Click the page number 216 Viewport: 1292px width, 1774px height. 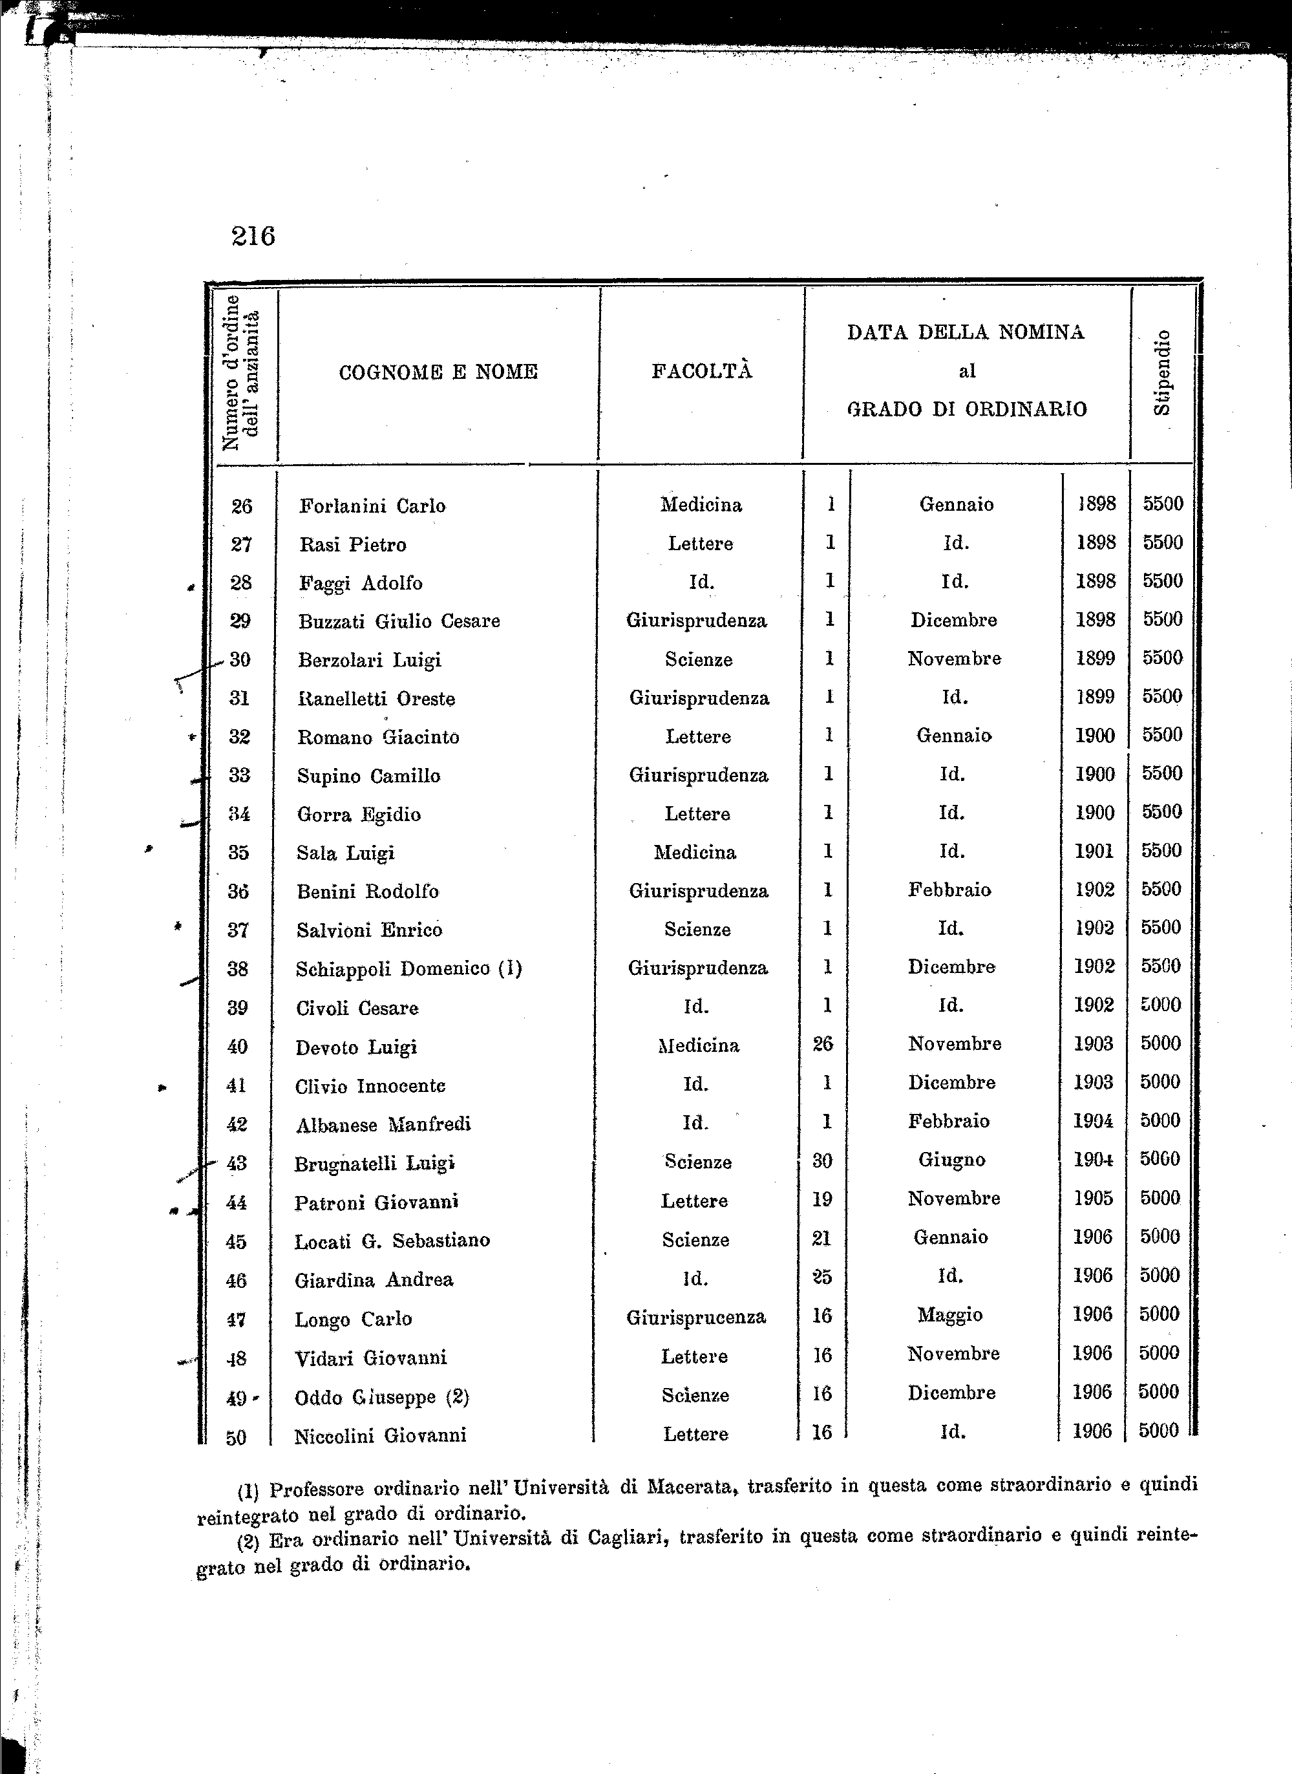[253, 235]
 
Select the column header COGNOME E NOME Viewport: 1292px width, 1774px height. [438, 372]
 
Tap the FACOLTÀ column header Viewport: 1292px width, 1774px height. [701, 370]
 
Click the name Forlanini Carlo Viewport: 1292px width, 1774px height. [372, 506]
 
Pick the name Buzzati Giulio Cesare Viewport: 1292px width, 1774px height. [399, 621]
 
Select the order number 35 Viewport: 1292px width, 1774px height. [238, 852]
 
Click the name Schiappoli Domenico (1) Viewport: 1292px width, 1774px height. [408, 969]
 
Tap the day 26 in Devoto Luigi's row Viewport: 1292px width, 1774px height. [823, 1043]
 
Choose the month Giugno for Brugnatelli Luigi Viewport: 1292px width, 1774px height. [951, 1159]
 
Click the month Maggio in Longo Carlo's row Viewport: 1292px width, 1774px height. [949, 1315]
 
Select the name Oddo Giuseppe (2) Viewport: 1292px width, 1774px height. [382, 1397]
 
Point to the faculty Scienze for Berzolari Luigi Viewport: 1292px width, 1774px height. [699, 659]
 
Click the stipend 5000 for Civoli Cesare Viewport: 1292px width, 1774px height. [1160, 1004]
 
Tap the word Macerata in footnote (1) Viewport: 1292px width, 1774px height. [690, 1486]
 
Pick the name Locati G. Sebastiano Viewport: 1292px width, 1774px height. [392, 1241]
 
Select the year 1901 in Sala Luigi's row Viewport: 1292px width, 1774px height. [1094, 850]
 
